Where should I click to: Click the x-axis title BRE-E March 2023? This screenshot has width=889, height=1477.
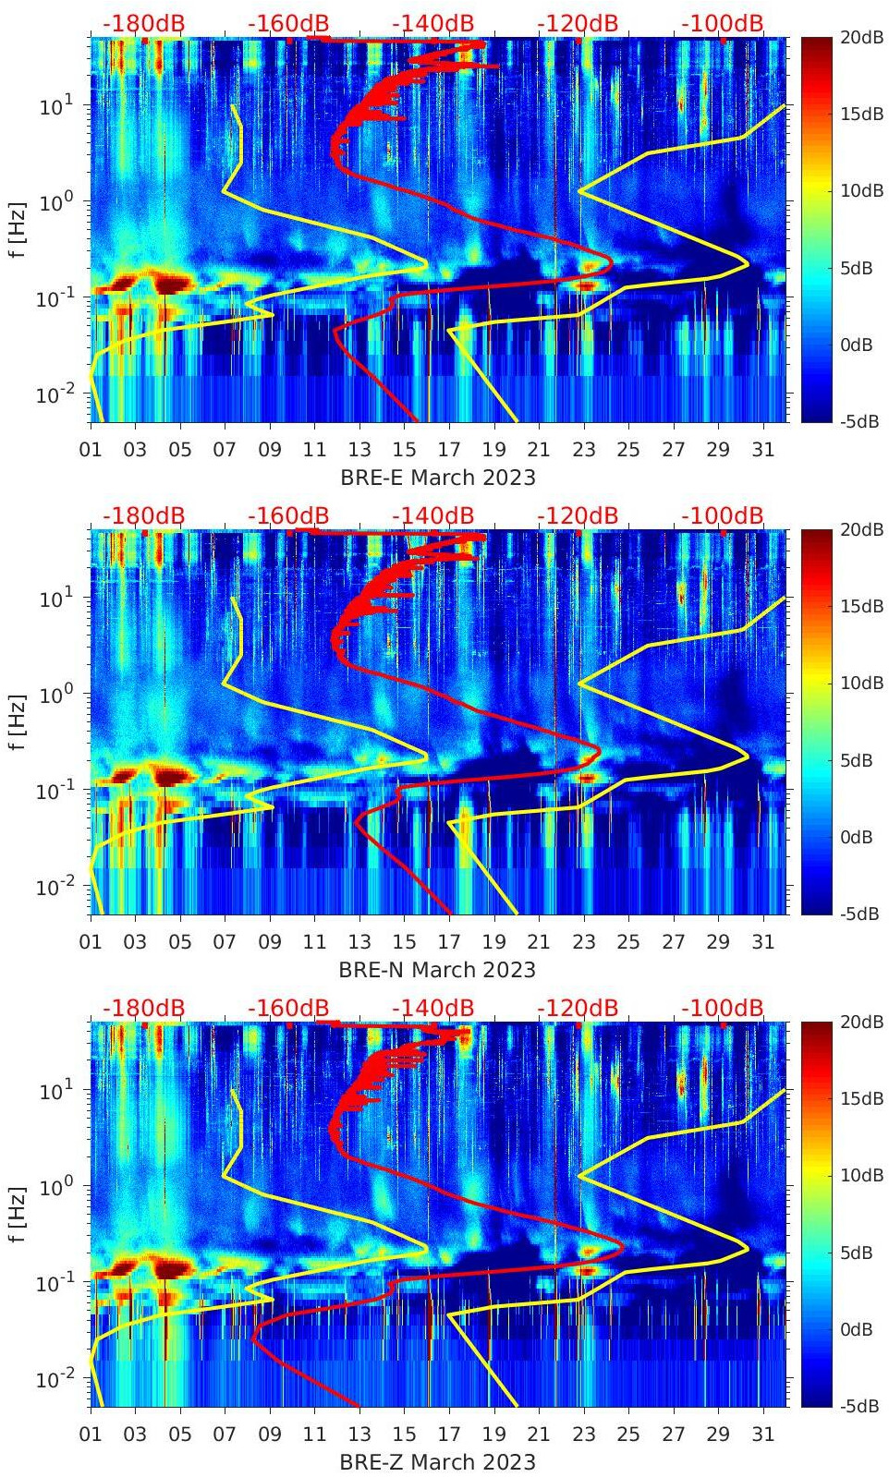[438, 478]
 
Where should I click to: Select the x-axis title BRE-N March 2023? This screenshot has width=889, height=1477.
[438, 970]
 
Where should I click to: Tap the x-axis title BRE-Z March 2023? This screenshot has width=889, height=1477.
[438, 1462]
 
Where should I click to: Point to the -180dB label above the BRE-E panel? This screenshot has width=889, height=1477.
[143, 23]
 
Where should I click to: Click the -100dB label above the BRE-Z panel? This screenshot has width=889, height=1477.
[723, 1008]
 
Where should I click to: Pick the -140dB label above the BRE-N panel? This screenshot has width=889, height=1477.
[432, 515]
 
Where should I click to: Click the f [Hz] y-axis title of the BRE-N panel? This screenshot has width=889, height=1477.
[18, 722]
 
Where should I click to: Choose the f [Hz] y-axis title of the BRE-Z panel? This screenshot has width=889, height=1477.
[18, 1215]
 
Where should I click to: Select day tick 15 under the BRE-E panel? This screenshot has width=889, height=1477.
[404, 450]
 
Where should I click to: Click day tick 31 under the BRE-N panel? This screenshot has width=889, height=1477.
[762, 942]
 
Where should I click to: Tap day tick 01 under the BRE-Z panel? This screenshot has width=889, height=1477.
[91, 1435]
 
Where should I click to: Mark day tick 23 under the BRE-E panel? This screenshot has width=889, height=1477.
[583, 450]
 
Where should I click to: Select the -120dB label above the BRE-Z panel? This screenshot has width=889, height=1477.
[578, 1008]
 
